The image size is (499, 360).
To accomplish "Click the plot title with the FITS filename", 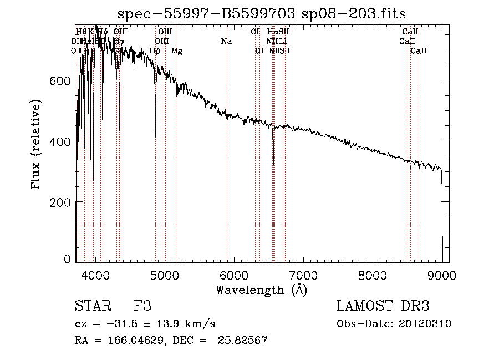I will pos(262,14).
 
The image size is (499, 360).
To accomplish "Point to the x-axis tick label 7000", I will pos(303,276).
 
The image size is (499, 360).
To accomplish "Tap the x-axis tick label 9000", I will pos(442,276).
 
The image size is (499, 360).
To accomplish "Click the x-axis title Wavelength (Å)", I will pos(261,290).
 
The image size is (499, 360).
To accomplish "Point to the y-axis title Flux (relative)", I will pos(37,145).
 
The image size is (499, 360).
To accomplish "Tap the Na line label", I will pos(226,41).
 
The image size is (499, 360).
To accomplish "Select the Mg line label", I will pos(176,51).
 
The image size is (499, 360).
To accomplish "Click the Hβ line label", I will pos(155,51).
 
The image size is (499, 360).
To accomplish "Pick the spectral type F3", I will pos(142,306).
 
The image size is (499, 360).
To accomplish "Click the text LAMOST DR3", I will pos(383,306).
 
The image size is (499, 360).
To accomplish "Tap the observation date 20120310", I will pos(428,324).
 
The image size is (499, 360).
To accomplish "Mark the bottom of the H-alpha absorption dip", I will pos(273,164).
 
